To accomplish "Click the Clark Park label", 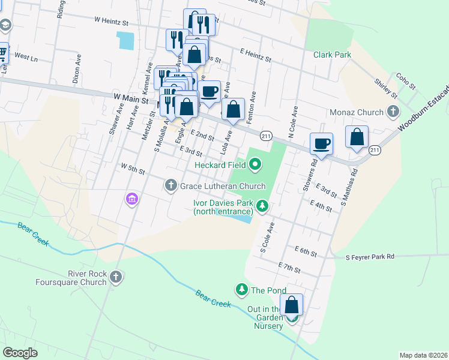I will pyautogui.click(x=332, y=55).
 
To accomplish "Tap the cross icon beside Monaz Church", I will pyautogui.click(x=393, y=112).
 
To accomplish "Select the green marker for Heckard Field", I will pyautogui.click(x=255, y=163).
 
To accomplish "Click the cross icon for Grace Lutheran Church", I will pyautogui.click(x=171, y=186).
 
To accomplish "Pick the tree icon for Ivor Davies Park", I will pyautogui.click(x=262, y=207).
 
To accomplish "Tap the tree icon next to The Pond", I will pyautogui.click(x=242, y=290).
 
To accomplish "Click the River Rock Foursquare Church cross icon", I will pyautogui.click(x=116, y=277).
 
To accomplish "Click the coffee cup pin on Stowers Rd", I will pyautogui.click(x=321, y=144).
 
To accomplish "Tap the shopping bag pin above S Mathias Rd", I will pyautogui.click(x=357, y=137).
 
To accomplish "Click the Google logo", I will pyautogui.click(x=20, y=352).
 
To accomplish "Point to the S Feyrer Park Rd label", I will pyautogui.click(x=370, y=257).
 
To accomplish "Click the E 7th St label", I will pyautogui.click(x=289, y=265).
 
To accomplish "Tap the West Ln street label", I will pyautogui.click(x=26, y=58).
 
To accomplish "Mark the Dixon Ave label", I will pyautogui.click(x=77, y=69).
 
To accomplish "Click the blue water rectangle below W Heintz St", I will pyautogui.click(x=127, y=40).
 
